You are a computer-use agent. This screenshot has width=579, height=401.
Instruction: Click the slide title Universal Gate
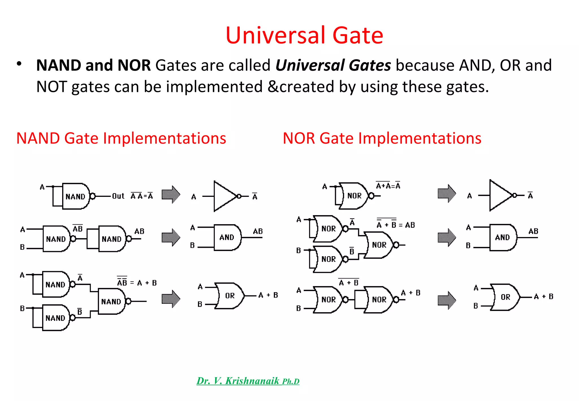304,35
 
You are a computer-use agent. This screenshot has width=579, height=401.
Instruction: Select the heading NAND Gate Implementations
121,138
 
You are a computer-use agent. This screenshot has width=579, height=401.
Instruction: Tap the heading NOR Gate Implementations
382,138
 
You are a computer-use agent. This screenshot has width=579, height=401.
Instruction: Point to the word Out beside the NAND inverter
118,196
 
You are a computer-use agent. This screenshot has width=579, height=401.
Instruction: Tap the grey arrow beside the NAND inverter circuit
171,195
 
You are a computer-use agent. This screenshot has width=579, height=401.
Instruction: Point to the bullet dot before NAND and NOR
19,64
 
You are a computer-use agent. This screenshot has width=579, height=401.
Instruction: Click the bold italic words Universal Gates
333,65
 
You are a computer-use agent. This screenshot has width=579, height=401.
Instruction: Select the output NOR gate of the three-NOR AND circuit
379,245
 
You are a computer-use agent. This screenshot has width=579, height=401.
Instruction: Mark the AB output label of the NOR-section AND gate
533,231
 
